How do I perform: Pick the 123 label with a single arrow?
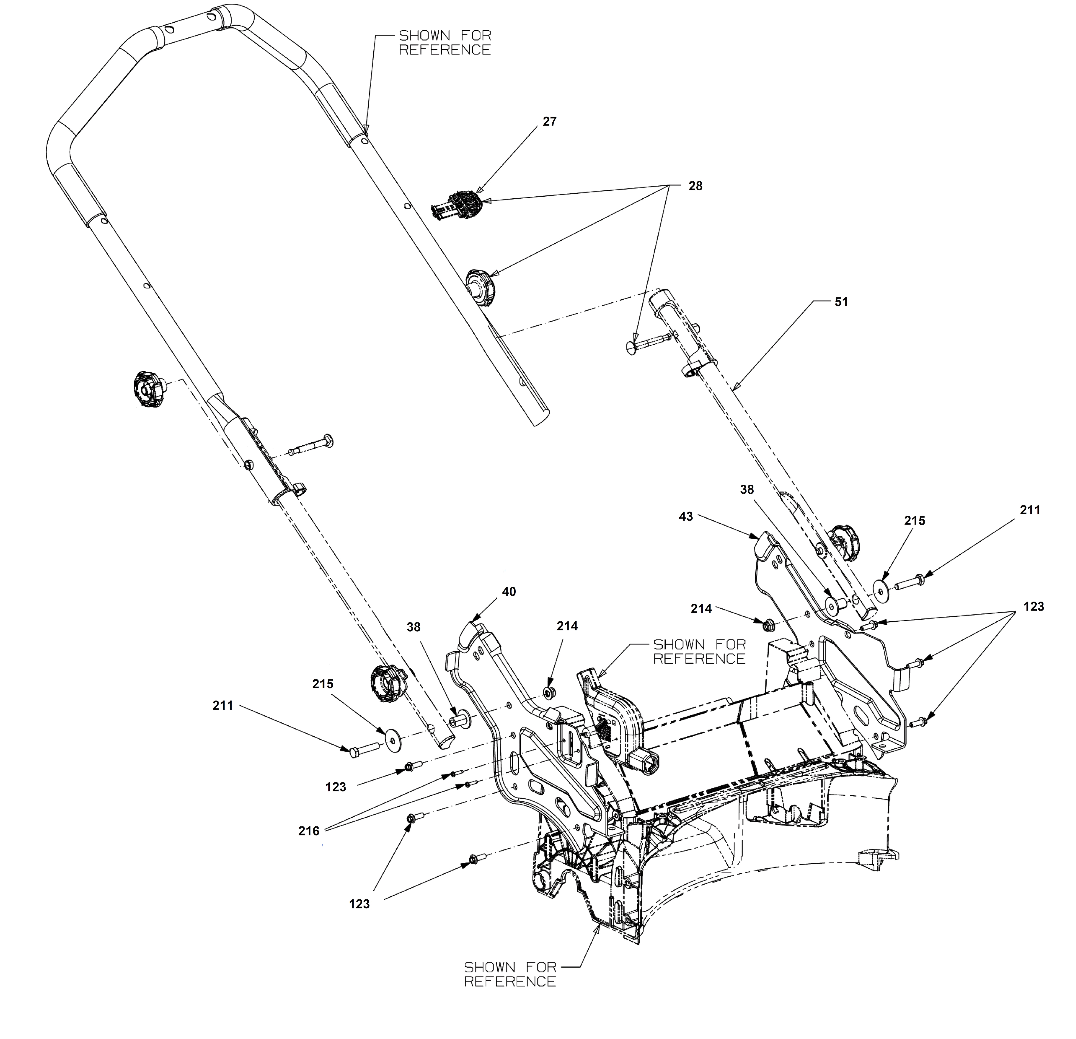[335, 787]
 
